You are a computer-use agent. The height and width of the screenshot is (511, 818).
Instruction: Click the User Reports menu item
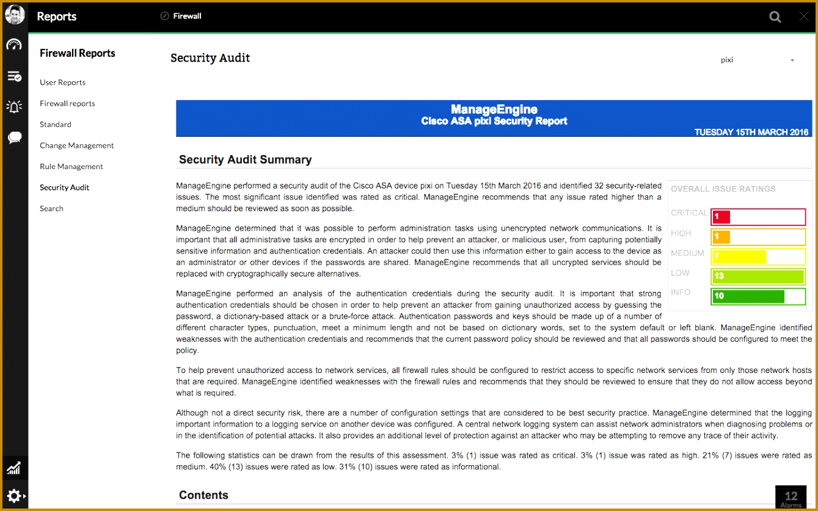(62, 82)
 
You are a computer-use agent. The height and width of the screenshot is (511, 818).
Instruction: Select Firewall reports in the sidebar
(67, 104)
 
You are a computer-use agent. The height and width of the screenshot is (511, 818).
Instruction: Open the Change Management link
(76, 146)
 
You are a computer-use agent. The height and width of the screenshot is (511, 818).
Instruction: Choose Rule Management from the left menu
(71, 167)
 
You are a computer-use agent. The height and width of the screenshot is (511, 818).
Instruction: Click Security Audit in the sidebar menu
(64, 187)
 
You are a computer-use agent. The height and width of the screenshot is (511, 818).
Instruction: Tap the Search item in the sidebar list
(51, 209)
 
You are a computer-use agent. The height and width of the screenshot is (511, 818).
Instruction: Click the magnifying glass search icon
(775, 17)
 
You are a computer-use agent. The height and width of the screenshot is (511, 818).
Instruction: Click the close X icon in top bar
(803, 17)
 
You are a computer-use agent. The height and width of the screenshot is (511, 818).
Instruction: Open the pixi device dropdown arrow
(792, 60)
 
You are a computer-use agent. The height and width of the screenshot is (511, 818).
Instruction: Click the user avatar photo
(14, 15)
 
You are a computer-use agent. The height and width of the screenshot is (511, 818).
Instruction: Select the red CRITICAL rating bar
(758, 217)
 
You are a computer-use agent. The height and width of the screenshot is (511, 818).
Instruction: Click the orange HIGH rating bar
(758, 237)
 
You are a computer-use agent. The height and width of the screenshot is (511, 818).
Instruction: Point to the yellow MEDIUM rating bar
(758, 256)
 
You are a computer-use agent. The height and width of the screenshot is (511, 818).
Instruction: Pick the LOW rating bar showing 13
(758, 276)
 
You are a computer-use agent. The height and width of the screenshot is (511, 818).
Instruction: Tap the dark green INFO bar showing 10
(758, 296)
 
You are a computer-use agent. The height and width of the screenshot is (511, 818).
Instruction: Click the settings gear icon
(14, 496)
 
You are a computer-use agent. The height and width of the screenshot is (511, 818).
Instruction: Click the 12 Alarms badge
(791, 498)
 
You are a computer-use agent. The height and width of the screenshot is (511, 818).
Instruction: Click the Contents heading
(203, 495)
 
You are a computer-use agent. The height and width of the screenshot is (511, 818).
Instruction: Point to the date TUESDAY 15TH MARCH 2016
(751, 132)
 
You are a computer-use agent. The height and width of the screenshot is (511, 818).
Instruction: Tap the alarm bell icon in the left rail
(14, 107)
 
